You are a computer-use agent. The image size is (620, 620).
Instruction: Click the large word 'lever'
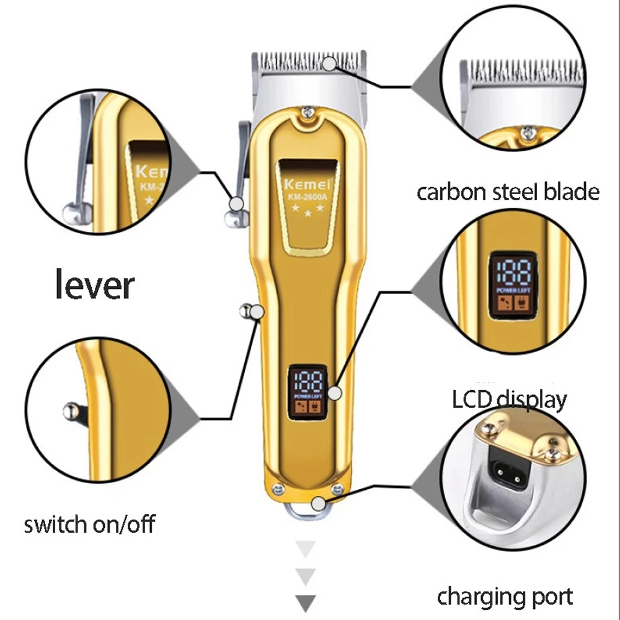coord(94,285)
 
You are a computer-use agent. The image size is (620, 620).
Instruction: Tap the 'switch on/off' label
coord(89,525)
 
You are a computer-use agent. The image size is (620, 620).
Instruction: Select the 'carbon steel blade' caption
coord(508,192)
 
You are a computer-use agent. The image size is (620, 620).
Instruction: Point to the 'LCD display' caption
coord(509,400)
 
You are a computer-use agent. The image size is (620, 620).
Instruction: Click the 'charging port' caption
coord(505,596)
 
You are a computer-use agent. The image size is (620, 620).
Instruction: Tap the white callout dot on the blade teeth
coord(329,63)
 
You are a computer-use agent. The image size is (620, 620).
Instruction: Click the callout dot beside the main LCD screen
coord(335,393)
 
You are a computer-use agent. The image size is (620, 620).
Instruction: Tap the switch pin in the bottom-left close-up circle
coord(72,410)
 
